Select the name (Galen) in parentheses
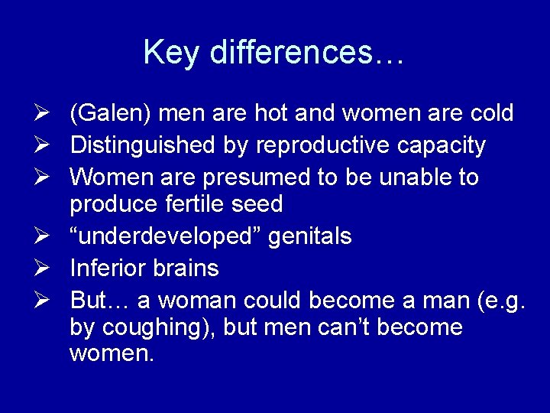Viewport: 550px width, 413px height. [x=113, y=114]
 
